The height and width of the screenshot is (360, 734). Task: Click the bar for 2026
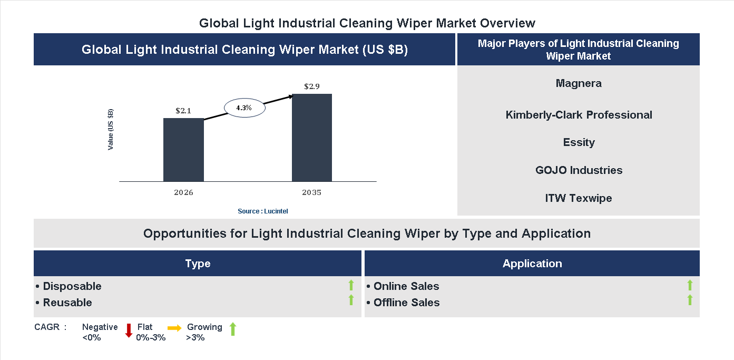pos(183,150)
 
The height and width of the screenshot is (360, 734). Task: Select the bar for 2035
pos(312,138)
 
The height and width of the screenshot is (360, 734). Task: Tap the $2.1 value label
pos(183,111)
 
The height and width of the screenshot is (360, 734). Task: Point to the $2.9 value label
pos(312,86)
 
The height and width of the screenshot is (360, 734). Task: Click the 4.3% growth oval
pos(244,108)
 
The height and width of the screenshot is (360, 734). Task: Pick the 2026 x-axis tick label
pos(183,192)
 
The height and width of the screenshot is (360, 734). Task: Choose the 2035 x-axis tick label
pos(312,192)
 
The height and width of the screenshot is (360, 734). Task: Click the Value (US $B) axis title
pos(111,130)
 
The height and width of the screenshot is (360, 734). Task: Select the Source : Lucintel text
pos(263,211)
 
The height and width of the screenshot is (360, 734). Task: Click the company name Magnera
pos(579,83)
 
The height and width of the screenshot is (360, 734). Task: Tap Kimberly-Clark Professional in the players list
pos(579,115)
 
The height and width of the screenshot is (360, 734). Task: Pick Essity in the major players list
pos(579,142)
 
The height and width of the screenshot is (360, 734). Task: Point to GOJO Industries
pos(579,170)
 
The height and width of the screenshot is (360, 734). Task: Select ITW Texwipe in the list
pos(579,198)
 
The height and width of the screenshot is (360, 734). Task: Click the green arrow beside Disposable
pos(351,286)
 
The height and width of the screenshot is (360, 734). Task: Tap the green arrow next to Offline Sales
pos(690,300)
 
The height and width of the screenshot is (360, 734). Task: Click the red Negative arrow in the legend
pos(129,330)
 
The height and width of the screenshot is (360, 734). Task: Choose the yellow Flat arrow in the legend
pos(174,328)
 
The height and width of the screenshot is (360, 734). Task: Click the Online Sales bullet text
pos(403,286)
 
